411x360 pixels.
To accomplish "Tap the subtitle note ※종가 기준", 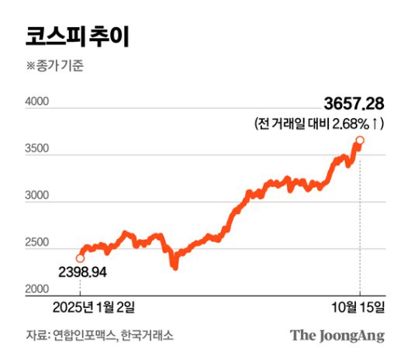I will (x=54, y=67).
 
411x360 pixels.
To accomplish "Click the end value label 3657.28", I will (x=354, y=105).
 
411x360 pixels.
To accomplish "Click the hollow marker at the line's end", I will (x=360, y=140).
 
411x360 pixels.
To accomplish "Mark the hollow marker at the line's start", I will (x=80, y=258).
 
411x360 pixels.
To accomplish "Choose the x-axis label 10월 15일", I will (x=359, y=307).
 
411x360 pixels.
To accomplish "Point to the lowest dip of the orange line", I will (x=175, y=268).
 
